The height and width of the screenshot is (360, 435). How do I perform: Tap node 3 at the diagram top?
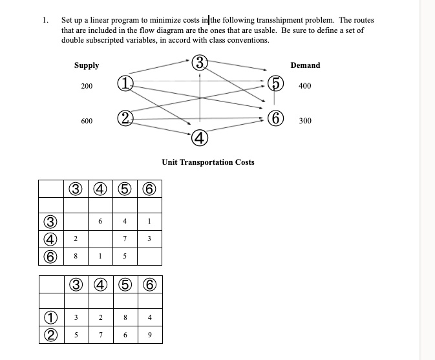click(200, 63)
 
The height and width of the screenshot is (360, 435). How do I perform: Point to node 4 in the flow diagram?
click(200, 137)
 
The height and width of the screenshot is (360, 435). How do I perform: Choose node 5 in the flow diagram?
click(275, 85)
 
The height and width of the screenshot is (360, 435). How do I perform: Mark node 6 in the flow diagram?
click(275, 119)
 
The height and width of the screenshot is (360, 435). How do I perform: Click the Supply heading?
click(87, 65)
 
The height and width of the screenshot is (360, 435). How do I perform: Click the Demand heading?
click(305, 65)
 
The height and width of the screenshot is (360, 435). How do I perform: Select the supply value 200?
click(87, 86)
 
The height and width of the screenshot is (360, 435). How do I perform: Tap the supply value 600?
click(87, 121)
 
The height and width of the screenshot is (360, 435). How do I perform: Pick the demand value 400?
click(305, 86)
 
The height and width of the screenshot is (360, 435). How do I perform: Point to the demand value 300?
click(305, 121)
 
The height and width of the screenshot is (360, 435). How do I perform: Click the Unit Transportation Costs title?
click(207, 162)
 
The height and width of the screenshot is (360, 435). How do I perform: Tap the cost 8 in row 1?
click(125, 317)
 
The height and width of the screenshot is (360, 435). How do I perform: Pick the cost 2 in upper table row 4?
click(76, 239)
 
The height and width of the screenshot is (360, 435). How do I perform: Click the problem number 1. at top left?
click(46, 21)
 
